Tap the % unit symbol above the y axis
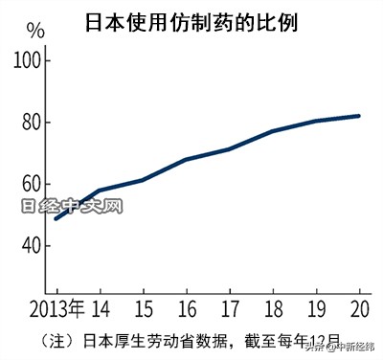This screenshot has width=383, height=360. [34, 29]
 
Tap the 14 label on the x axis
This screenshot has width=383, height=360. [100, 310]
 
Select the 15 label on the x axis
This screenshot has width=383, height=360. [143, 310]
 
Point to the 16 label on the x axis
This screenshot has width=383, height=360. [187, 310]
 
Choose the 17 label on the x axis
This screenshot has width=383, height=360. [230, 310]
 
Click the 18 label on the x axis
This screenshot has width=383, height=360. [273, 310]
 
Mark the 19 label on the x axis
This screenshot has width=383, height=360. [317, 310]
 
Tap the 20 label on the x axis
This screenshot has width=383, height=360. [359, 310]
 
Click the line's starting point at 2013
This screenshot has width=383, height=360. [56, 218]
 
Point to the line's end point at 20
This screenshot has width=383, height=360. [360, 116]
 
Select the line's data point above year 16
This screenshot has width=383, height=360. [187, 159]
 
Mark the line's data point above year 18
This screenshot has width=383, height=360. [273, 130]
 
